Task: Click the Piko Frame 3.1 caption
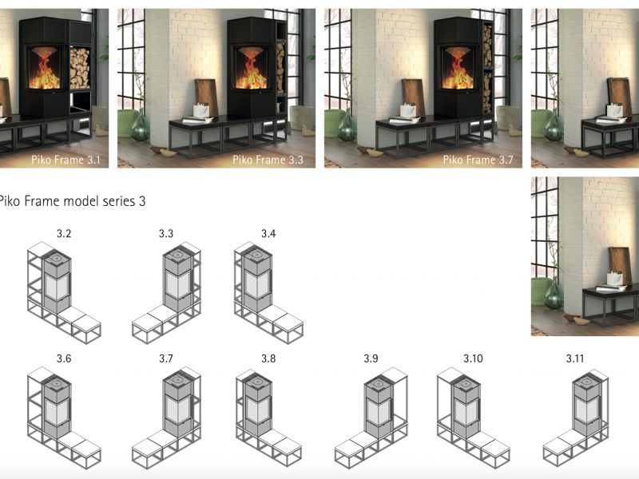pyautogui.click(x=65, y=160)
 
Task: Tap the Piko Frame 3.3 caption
pyautogui.click(x=268, y=160)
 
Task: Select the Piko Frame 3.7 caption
pyautogui.click(x=478, y=160)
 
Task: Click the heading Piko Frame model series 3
pyautogui.click(x=71, y=201)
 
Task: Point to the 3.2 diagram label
pyautogui.click(x=64, y=233)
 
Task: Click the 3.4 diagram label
pyautogui.click(x=268, y=233)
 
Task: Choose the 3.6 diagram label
pyautogui.click(x=64, y=358)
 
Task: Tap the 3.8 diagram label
pyautogui.click(x=268, y=358)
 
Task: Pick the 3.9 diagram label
pyautogui.click(x=371, y=358)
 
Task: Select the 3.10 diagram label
pyautogui.click(x=473, y=358)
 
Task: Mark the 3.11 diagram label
pyautogui.click(x=575, y=358)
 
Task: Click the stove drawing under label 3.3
pyautogui.click(x=177, y=281)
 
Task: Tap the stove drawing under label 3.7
pyautogui.click(x=177, y=406)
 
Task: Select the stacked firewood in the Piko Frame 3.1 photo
pyautogui.click(x=79, y=68)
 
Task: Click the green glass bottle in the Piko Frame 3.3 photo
pyautogui.click(x=141, y=125)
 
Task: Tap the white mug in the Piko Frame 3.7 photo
pyautogui.click(x=408, y=110)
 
